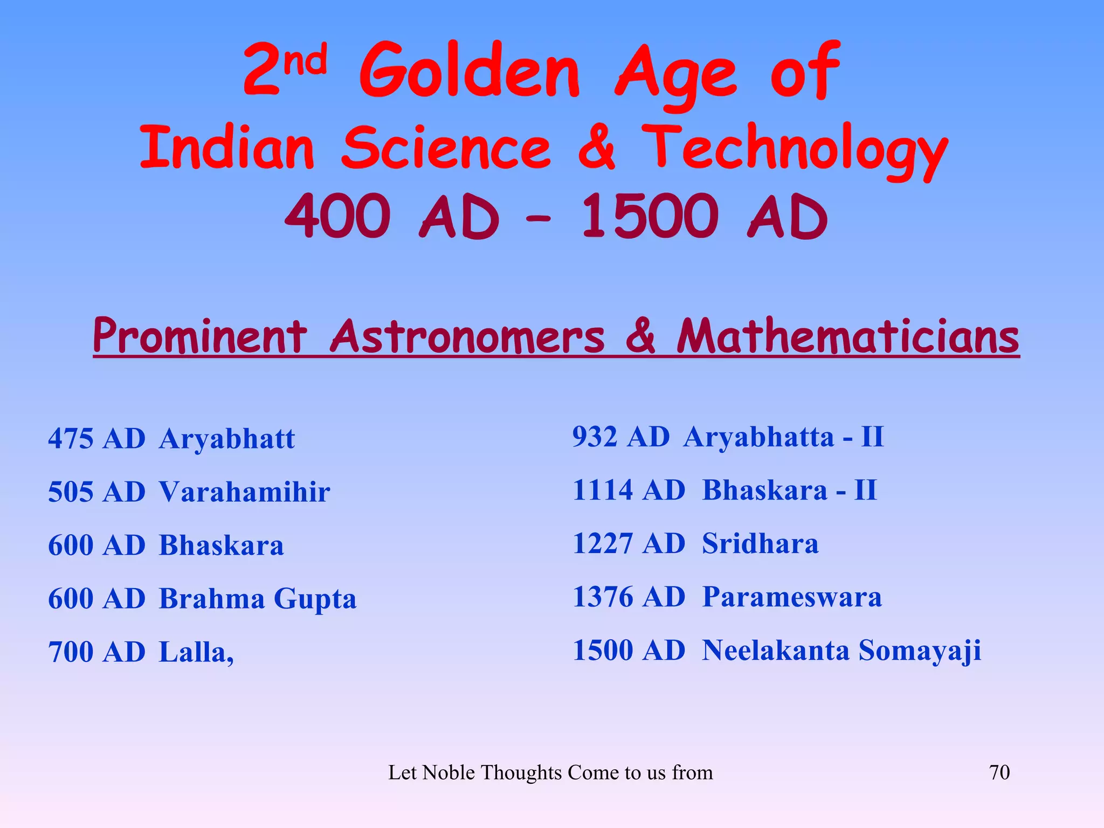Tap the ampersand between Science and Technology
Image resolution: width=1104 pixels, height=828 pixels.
point(596,147)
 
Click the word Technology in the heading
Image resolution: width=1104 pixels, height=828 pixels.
point(794,149)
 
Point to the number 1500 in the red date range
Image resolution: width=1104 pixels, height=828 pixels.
point(650,217)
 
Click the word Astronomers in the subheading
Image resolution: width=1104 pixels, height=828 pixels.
point(467,337)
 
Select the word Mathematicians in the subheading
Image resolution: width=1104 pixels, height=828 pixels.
point(847,337)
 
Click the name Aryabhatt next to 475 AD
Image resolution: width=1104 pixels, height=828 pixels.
point(227,438)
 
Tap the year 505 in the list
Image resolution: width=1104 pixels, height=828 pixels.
point(71,492)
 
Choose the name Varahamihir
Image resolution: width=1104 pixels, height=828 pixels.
point(244,492)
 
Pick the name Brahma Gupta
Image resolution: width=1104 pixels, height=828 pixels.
point(258,599)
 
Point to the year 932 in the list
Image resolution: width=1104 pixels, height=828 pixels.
point(595,437)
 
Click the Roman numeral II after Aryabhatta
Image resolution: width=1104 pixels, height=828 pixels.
point(872,437)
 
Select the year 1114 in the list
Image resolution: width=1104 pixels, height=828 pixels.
point(602,490)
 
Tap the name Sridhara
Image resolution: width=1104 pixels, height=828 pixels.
point(760,543)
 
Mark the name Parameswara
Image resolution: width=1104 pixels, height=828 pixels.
point(792,597)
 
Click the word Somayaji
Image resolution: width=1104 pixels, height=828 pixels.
point(920,651)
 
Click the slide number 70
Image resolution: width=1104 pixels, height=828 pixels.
point(999,772)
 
